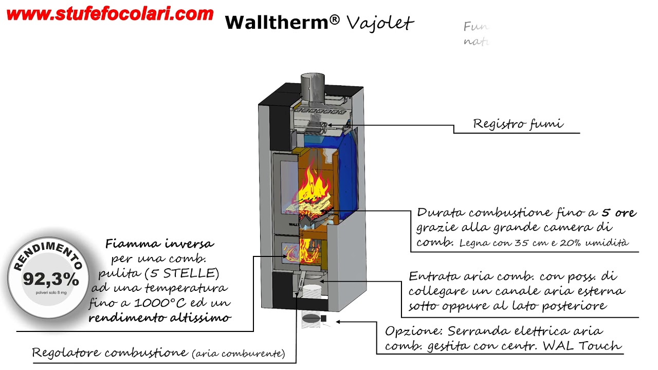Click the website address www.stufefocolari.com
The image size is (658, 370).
[109, 14]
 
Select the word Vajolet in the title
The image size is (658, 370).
[380, 22]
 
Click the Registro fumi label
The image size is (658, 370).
[518, 124]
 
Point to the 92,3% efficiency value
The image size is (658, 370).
[51, 280]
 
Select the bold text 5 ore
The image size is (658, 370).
[619, 212]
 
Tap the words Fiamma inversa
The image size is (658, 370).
[159, 244]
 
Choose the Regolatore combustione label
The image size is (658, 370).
[109, 353]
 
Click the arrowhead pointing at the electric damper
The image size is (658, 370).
[339, 322]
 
